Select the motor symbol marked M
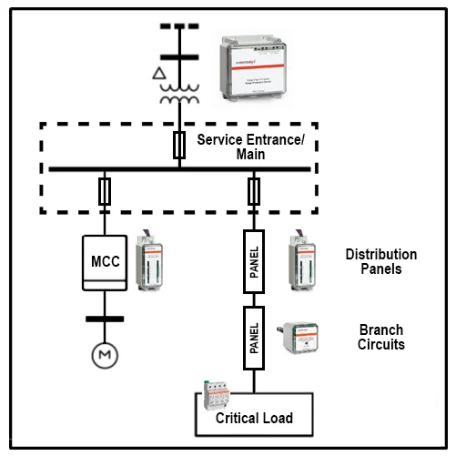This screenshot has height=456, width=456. click(x=103, y=354)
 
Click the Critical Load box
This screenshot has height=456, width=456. click(x=254, y=417)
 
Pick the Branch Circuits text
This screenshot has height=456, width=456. click(x=381, y=337)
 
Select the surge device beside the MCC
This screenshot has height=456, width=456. click(x=147, y=259)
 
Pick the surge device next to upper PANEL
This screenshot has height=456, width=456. click(x=301, y=259)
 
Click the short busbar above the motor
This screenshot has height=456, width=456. click(x=103, y=319)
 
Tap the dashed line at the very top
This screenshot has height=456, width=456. click(x=179, y=25)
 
